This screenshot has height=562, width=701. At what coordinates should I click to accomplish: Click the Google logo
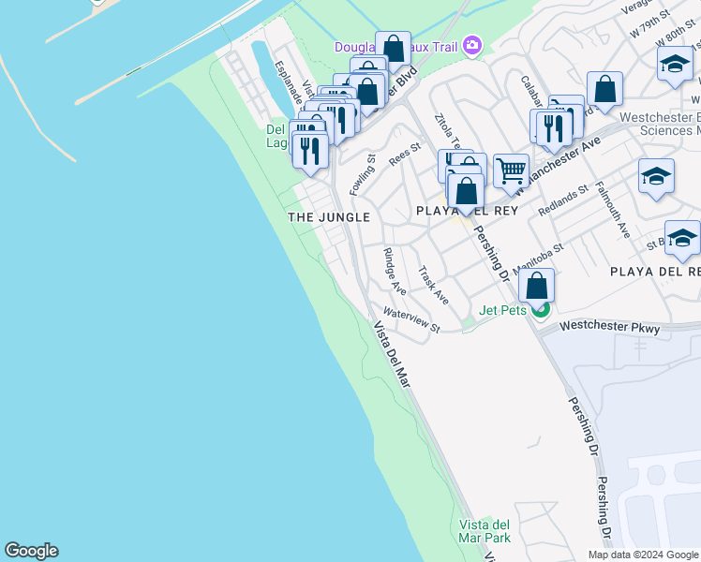[31, 551]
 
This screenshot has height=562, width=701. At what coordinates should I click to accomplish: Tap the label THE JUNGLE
[329, 216]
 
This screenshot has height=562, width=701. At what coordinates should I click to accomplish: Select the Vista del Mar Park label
[485, 531]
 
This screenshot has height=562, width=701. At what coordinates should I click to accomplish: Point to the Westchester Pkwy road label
[610, 329]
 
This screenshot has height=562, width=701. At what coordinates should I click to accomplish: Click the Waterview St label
[411, 320]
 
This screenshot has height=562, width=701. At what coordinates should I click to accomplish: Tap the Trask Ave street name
[434, 286]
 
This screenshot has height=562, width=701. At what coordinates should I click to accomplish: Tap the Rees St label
[405, 154]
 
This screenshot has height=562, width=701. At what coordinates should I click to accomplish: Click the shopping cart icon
[511, 171]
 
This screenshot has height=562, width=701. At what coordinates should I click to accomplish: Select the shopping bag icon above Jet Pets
[536, 286]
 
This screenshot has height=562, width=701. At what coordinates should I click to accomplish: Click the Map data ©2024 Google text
[642, 555]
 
